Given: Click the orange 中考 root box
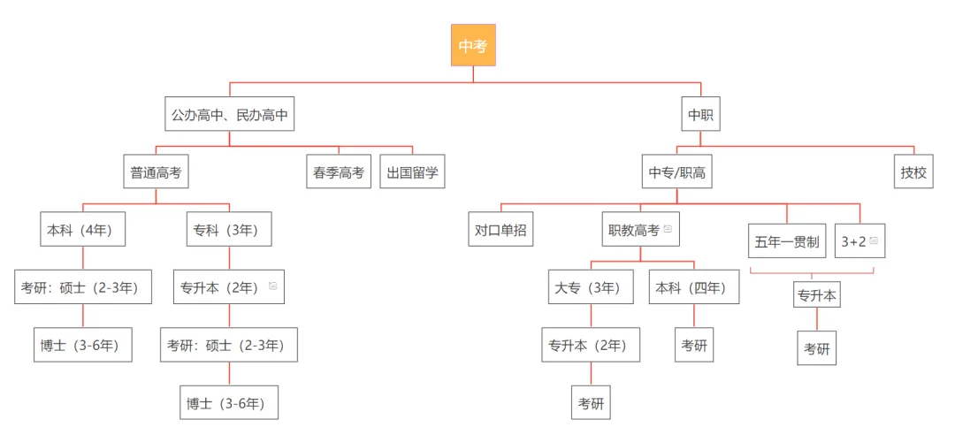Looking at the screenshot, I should tap(473, 46).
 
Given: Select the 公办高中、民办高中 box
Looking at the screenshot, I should tap(230, 115).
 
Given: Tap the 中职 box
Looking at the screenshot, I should tap(701, 115).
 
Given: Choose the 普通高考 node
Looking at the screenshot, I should tap(156, 172).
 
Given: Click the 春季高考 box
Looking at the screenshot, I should tap(339, 172).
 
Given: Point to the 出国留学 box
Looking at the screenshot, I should tap(412, 172).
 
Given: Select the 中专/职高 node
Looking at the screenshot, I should tap(677, 172).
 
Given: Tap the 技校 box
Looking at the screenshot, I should tap(913, 172).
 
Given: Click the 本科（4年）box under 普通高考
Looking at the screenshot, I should tap(83, 230).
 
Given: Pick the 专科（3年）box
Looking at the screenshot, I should tap(229, 230).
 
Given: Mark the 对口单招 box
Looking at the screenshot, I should tap(500, 230).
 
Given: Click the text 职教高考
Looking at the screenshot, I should tap(633, 230).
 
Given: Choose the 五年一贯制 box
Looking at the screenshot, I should tap(787, 241).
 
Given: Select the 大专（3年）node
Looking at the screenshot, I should tap(591, 287).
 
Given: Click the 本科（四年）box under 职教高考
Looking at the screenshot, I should tap(694, 287).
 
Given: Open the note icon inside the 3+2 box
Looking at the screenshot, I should tap(874, 240).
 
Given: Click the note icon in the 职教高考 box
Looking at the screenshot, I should tap(668, 230).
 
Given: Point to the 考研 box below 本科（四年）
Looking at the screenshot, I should tap(694, 345).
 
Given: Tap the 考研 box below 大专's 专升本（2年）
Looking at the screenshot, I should tap(591, 402).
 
